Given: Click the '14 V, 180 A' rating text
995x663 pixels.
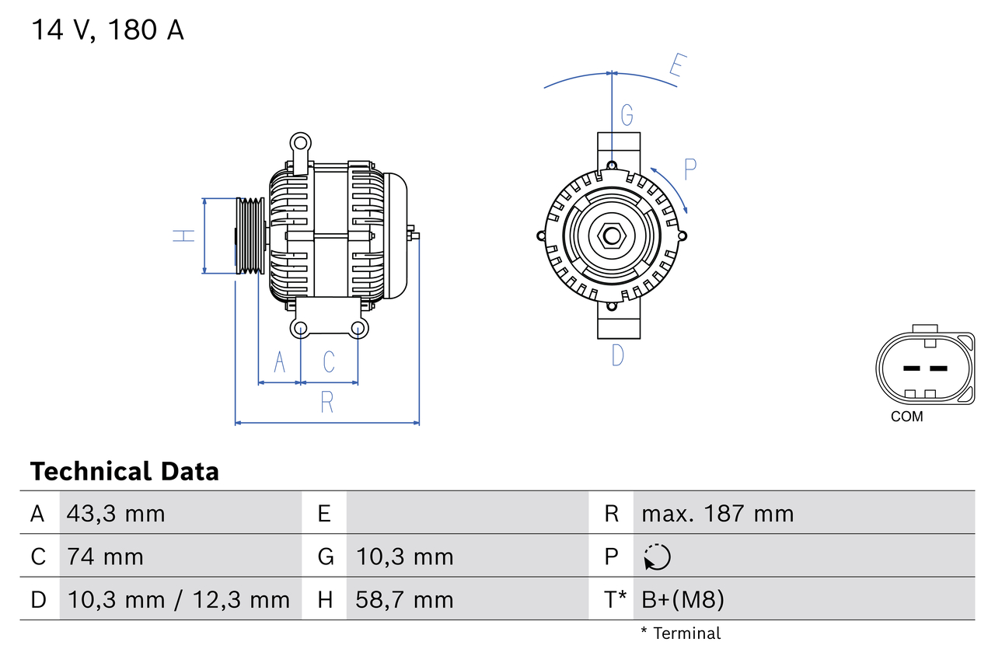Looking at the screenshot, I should click(x=107, y=30).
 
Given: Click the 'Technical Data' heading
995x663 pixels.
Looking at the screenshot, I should click(x=124, y=471).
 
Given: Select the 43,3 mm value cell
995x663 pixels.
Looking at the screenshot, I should click(x=116, y=514).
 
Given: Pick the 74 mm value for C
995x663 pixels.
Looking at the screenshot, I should click(x=105, y=557).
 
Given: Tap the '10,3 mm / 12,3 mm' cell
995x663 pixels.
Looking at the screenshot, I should click(x=178, y=599).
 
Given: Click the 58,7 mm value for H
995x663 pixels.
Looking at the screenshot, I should click(x=404, y=599).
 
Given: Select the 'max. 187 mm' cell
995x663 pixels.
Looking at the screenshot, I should click(x=717, y=514).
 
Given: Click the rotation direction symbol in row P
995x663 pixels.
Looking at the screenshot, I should click(x=657, y=557).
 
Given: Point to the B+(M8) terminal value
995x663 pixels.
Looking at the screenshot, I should click(x=683, y=599).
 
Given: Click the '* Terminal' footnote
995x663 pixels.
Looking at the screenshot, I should click(x=681, y=633).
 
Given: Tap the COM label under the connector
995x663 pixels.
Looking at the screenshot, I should click(x=906, y=417).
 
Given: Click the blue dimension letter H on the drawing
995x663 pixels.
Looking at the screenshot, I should click(x=183, y=236).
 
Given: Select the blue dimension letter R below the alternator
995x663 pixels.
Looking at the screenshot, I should click(x=327, y=402).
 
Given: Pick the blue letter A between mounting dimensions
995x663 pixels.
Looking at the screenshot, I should click(x=280, y=361).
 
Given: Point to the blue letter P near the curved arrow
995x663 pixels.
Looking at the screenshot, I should click(x=690, y=169).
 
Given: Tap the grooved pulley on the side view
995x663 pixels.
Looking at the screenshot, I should click(x=250, y=236).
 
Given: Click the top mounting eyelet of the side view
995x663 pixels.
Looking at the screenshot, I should click(x=300, y=142).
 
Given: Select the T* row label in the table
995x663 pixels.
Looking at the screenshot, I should click(x=615, y=599).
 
